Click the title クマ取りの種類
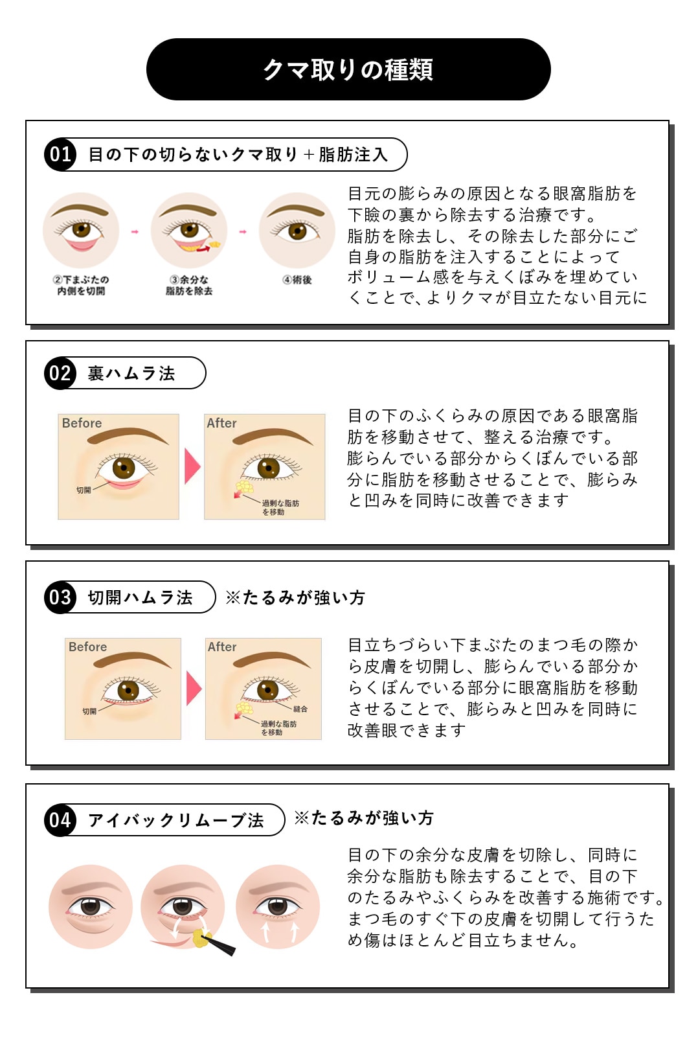point(348,69)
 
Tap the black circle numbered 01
point(60,155)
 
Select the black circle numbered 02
point(60,373)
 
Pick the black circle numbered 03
point(60,597)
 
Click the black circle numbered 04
point(60,820)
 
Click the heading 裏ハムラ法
point(131,373)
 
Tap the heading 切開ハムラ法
point(141,597)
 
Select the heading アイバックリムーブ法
point(176,820)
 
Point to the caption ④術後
point(297,280)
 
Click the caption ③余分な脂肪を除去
point(188,285)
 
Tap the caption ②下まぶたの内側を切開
point(81,285)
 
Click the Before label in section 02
point(82,423)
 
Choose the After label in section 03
point(222,647)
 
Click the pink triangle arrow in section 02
point(192,466)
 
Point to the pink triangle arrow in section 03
point(194,688)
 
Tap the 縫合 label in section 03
point(300,709)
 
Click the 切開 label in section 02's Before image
point(84,490)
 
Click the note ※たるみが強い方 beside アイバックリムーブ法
point(364,818)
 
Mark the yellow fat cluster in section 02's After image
point(244,486)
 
